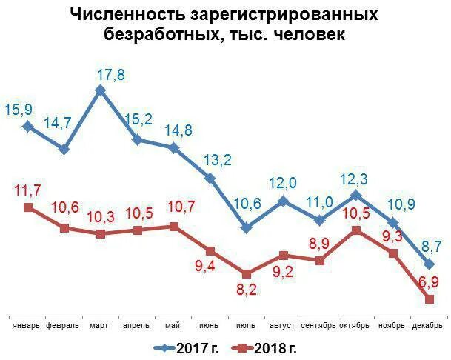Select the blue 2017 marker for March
coord(101,90)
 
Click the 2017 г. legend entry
coord(185,347)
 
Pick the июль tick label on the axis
coord(246,325)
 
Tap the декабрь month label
coord(427,325)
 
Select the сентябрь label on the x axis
coord(319,325)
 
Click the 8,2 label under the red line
coord(247,290)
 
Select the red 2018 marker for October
coord(355,230)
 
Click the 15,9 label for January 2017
coord(19,110)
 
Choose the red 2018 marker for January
coord(28,207)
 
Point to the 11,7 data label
coord(28,191)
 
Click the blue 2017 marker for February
coord(64,149)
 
